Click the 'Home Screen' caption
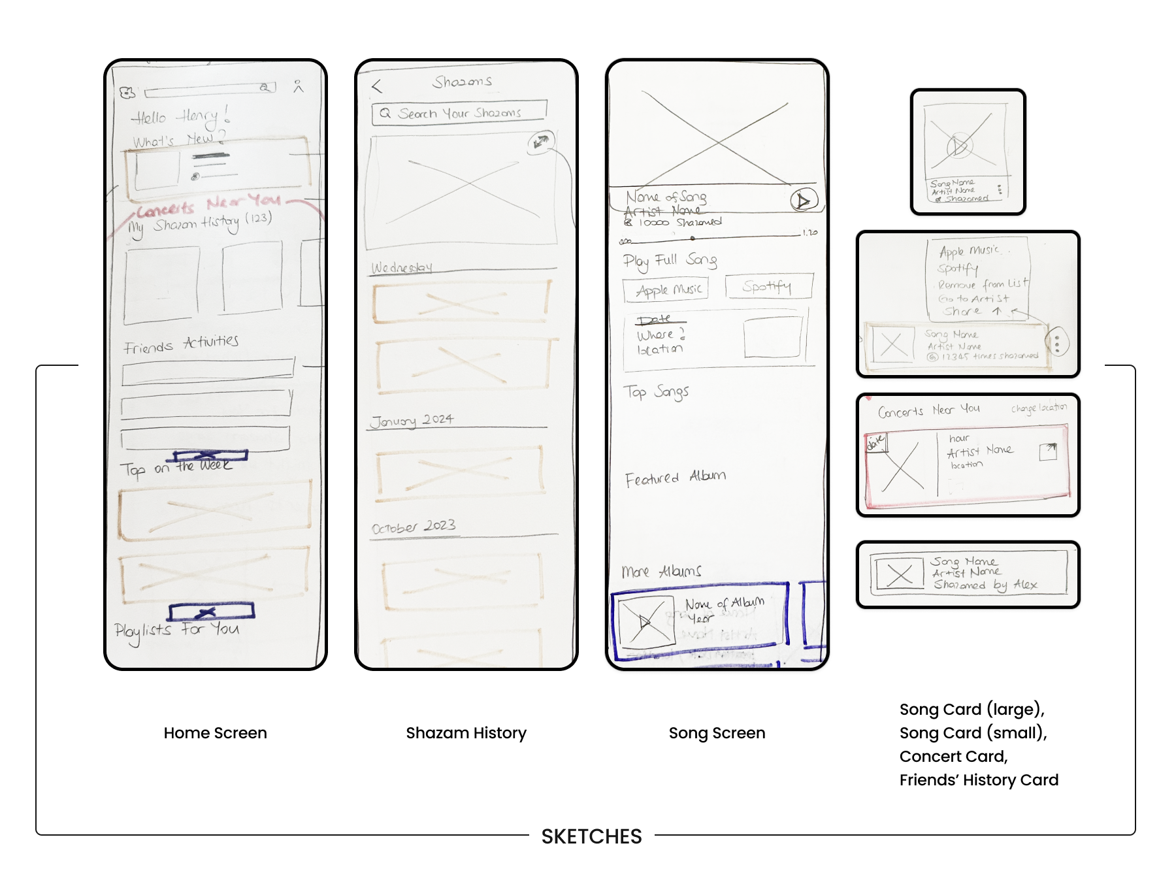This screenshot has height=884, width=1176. [215, 733]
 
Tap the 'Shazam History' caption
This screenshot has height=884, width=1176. [466, 733]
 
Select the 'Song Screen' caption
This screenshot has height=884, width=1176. [717, 733]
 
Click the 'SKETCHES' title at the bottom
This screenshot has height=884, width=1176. [591, 836]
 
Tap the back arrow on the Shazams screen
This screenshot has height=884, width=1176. [377, 86]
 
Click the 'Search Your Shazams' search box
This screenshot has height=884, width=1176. [459, 113]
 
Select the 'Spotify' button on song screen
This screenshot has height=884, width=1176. [768, 286]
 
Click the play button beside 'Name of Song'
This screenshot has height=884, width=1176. [803, 200]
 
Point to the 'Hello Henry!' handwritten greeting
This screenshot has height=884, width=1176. [180, 117]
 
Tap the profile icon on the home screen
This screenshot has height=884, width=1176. [299, 86]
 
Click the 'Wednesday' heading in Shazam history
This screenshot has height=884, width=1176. [402, 268]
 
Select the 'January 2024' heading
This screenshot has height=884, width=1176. [412, 420]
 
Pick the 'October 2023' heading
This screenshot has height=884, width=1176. [414, 527]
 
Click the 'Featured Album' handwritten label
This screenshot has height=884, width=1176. [675, 478]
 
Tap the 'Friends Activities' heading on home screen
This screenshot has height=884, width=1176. [181, 344]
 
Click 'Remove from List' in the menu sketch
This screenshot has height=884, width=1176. [982, 284]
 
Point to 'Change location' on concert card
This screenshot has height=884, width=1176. [1038, 408]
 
